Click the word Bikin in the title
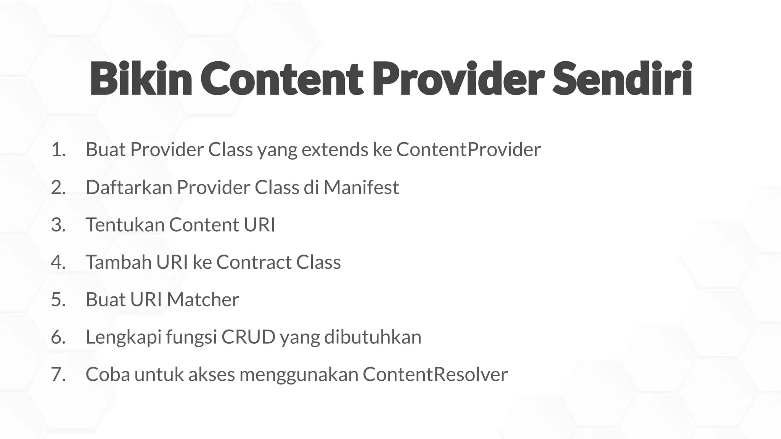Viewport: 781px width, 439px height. pos(140,79)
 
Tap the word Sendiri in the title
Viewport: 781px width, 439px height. pos(622,79)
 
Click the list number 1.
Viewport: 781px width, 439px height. pos(58,149)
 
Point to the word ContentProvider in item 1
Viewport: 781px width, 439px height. pos(468,149)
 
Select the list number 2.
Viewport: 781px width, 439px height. pos(58,187)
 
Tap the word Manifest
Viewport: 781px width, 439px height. pos(361,187)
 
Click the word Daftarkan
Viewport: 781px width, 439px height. pos(129,187)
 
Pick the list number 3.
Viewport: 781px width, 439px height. pos(58,224)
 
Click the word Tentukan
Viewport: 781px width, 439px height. pos(125,224)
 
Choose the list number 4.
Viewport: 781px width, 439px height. pos(58,262)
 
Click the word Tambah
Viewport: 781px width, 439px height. pos(119,262)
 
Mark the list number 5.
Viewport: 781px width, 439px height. pos(58,300)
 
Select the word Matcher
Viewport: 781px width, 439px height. pos(203,300)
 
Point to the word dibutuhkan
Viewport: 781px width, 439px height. pos(373,337)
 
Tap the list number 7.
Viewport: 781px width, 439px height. pos(58,374)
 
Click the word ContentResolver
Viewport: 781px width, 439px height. pos(435,374)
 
